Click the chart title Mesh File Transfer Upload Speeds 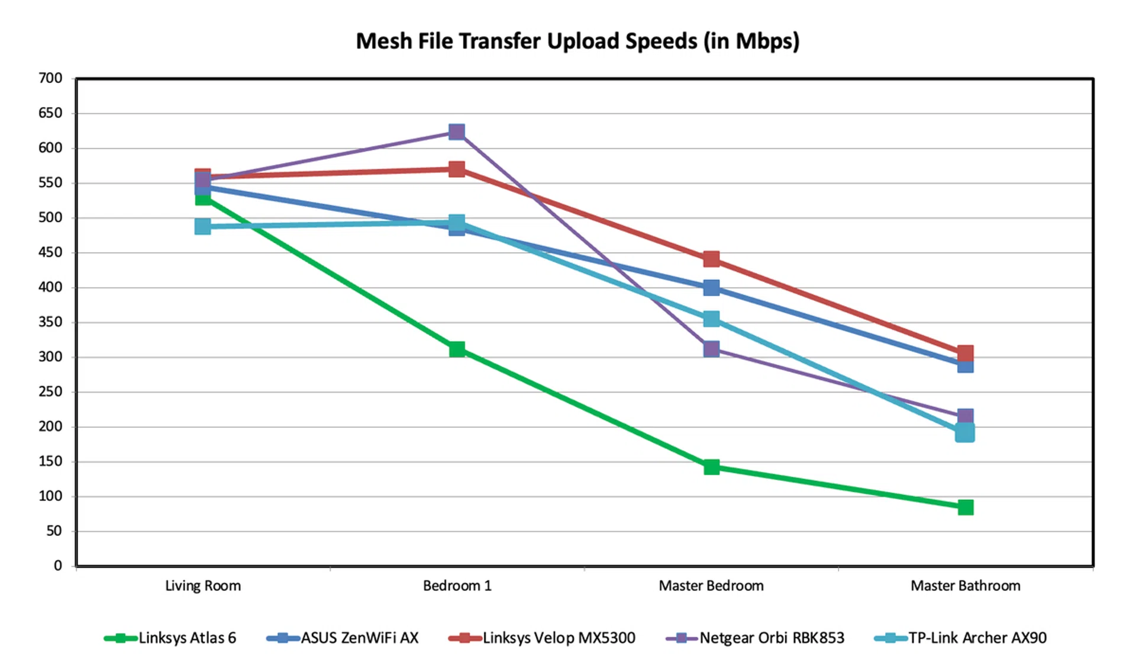click(577, 41)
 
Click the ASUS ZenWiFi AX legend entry click(343, 638)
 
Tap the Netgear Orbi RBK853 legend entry click(756, 638)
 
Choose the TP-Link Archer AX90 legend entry click(961, 638)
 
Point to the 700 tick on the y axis click(50, 78)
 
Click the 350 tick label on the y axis click(50, 322)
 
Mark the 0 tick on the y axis click(57, 566)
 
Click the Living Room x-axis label click(203, 586)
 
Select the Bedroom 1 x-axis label click(457, 586)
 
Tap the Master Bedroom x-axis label click(711, 586)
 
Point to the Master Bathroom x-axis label click(965, 586)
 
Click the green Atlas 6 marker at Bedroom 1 click(457, 349)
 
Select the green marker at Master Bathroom click(966, 508)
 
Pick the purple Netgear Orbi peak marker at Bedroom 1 click(457, 131)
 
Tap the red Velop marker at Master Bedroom click(711, 259)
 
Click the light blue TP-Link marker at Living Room click(203, 226)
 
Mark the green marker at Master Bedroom click(711, 467)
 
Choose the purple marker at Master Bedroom click(711, 349)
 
